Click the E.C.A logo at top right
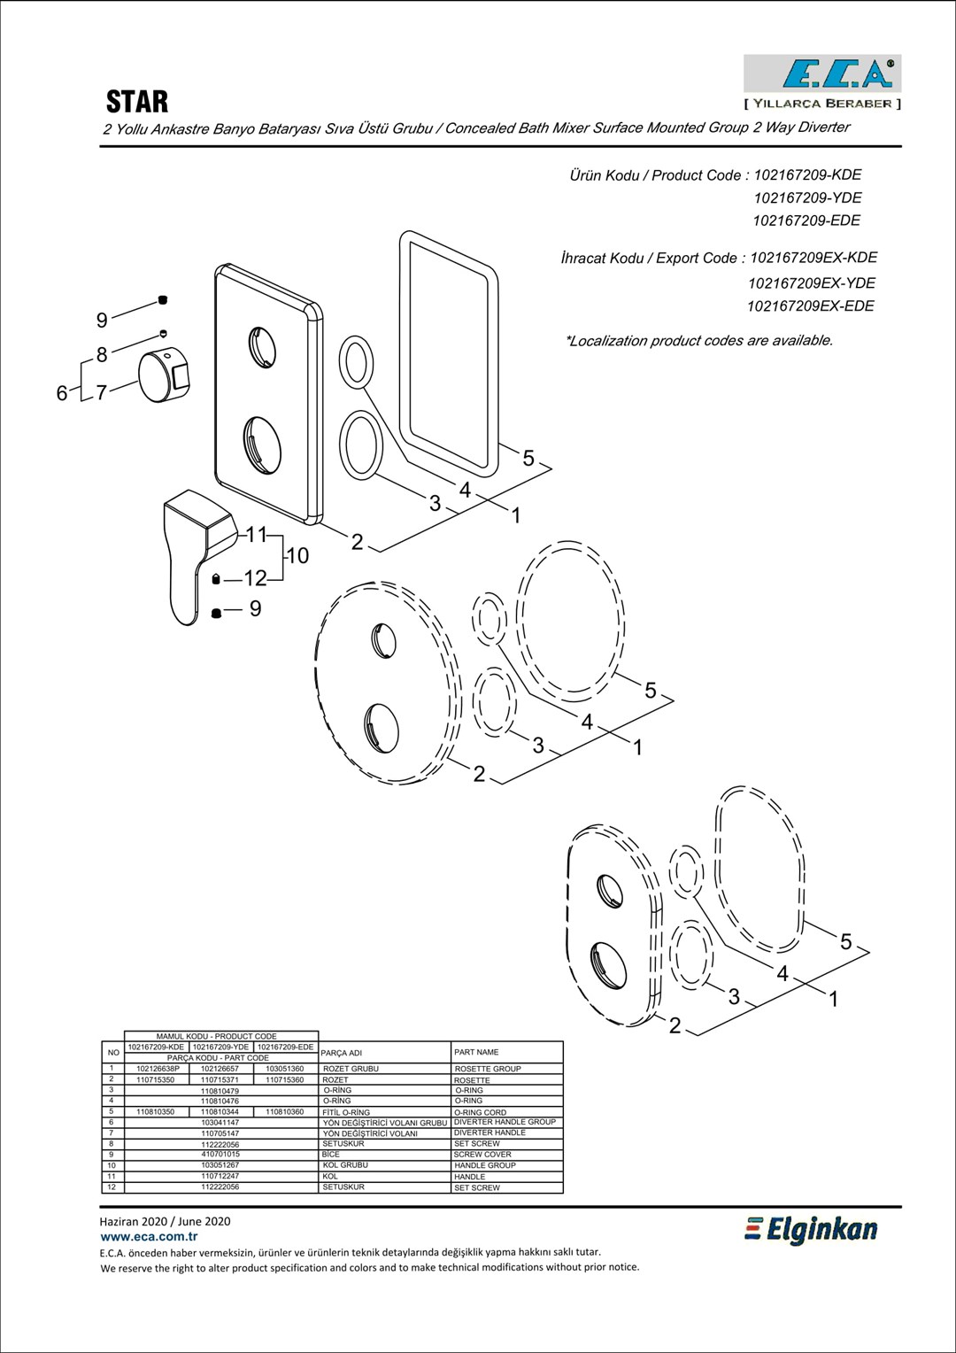click(x=822, y=75)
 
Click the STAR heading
click(x=137, y=102)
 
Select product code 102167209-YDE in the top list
click(x=807, y=197)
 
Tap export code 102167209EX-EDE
click(x=810, y=306)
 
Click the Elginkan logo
click(x=811, y=1230)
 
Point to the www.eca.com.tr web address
click(x=149, y=1236)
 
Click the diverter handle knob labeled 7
click(x=165, y=376)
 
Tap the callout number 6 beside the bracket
click(x=62, y=392)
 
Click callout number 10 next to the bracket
click(x=298, y=556)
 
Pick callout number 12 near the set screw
click(x=255, y=579)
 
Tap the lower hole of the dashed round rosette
click(x=383, y=722)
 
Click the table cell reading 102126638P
click(x=158, y=1069)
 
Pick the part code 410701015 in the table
click(x=220, y=1155)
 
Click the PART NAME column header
click(x=476, y=1052)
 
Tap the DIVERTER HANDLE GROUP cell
click(x=505, y=1122)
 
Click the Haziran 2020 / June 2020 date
click(x=166, y=1221)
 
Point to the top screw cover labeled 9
click(x=163, y=300)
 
